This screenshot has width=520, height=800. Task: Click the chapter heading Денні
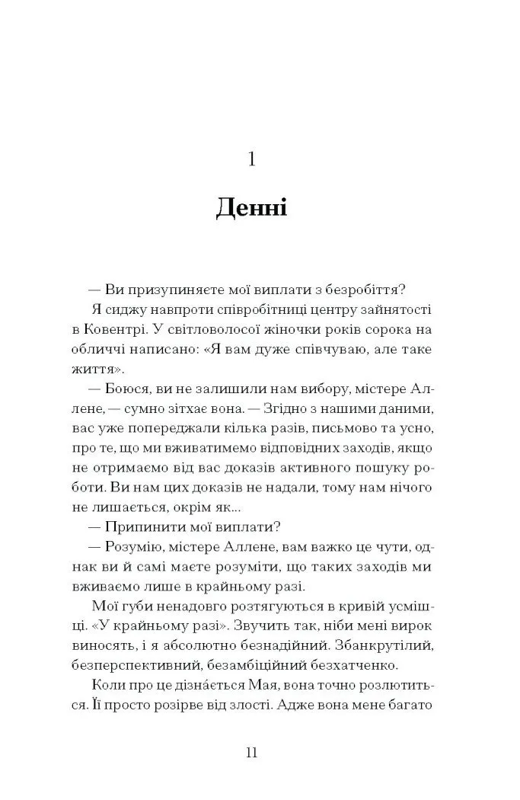coord(251,206)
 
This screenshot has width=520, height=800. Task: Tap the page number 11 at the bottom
coord(252,754)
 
